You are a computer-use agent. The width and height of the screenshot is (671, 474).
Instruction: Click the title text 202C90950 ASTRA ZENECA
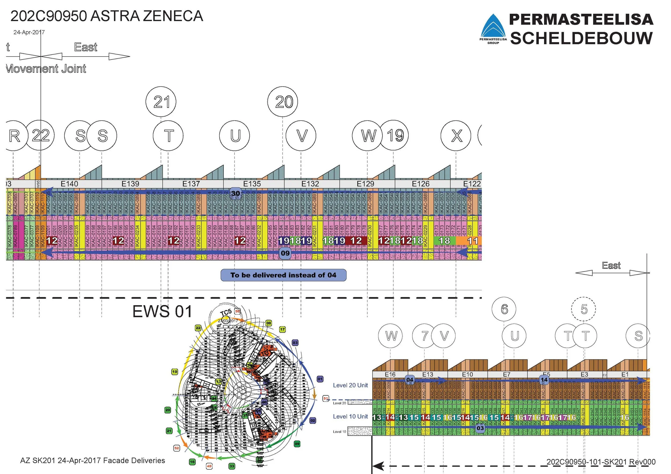(107, 16)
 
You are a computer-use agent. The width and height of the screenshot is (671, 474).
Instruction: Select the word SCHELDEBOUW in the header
(581, 38)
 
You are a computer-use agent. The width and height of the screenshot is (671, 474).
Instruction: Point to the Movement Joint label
(46, 69)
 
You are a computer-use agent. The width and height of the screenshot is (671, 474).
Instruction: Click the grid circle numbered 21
(161, 102)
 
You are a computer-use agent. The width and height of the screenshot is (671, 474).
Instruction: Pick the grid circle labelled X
(456, 136)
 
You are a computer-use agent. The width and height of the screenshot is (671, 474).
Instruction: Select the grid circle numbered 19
(395, 135)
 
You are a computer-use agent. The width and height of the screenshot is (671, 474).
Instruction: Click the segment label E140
(69, 184)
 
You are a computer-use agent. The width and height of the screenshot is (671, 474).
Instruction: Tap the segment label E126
(421, 184)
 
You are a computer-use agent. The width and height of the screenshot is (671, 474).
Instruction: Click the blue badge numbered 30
(236, 193)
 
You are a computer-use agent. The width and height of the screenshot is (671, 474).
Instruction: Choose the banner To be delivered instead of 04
(283, 275)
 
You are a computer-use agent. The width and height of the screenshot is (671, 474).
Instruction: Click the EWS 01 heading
(162, 311)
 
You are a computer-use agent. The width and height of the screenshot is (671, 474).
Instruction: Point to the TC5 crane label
(226, 313)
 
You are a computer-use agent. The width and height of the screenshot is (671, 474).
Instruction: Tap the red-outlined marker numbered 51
(326, 398)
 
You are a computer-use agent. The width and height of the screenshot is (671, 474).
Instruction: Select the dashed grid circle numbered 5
(584, 309)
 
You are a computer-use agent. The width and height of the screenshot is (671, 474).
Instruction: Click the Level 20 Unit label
(351, 385)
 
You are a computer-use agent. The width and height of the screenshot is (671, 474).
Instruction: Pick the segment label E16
(390, 374)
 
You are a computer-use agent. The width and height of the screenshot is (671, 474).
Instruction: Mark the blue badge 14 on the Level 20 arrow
(544, 380)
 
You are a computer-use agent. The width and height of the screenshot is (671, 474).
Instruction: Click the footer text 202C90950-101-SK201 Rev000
(601, 462)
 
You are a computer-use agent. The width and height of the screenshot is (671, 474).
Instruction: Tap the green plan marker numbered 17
(282, 329)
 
